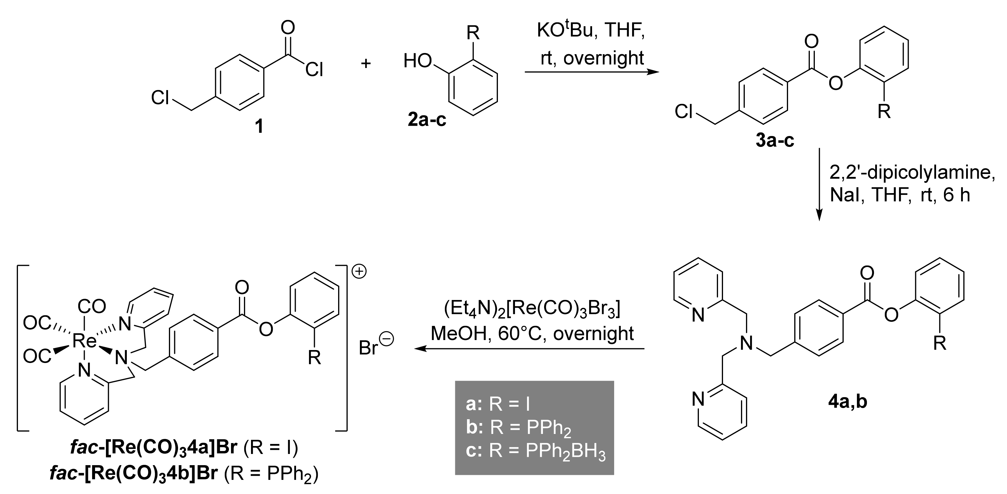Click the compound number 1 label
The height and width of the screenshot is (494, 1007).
[259, 127]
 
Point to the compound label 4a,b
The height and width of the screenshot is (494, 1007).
[848, 402]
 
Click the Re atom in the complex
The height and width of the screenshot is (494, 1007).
[84, 341]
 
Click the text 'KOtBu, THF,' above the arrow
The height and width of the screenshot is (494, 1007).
[591, 31]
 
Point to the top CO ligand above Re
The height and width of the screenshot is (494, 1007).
[92, 307]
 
